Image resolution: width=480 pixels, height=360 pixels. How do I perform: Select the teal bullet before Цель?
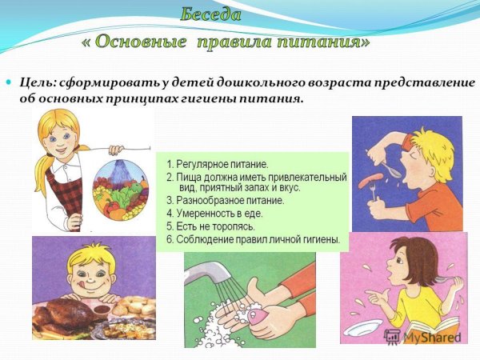(x=10, y=83)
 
